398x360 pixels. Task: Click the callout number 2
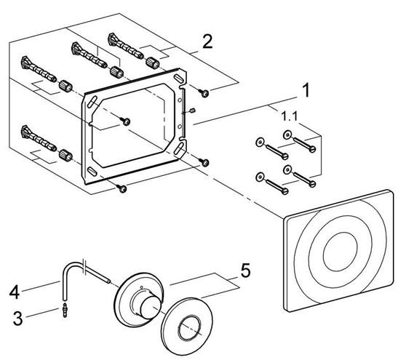[x=207, y=42]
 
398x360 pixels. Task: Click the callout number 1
[x=306, y=90]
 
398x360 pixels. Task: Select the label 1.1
[x=290, y=116]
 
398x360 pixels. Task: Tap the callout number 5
[x=245, y=271]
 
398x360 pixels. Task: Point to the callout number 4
[x=15, y=292]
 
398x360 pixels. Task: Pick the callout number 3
[x=17, y=319]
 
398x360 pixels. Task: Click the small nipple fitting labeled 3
[x=65, y=310]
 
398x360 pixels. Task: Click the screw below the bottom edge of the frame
[x=122, y=188]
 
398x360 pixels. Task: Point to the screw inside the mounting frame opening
[x=126, y=121]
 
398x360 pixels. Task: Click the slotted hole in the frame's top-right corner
[x=178, y=78]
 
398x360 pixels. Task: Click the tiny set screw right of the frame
[x=192, y=111]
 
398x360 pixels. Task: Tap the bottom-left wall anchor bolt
[x=39, y=138]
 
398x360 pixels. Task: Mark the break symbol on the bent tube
[x=85, y=266]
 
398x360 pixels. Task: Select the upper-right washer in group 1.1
[x=287, y=135]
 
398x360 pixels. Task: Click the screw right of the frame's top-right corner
[x=204, y=93]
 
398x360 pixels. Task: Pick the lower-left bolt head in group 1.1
[x=285, y=191]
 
